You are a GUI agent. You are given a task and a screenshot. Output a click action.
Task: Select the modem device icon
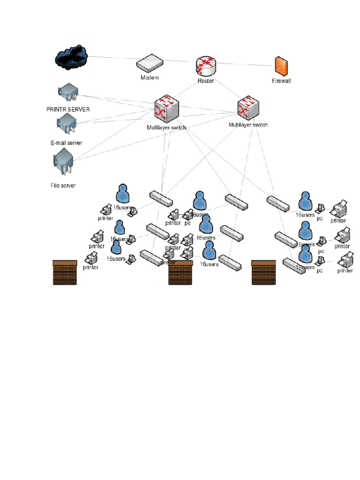pyautogui.click(x=150, y=63)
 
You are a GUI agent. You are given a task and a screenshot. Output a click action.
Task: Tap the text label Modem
pyautogui.click(x=150, y=77)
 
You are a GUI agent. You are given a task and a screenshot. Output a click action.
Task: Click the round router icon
pyautogui.click(x=206, y=66)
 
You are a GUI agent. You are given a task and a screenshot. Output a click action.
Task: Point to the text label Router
pyautogui.click(x=206, y=81)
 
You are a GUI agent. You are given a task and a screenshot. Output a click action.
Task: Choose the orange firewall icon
pyautogui.click(x=281, y=66)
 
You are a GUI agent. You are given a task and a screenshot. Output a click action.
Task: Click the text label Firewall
pyautogui.click(x=281, y=81)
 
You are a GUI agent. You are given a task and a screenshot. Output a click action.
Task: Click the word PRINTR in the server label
pyautogui.click(x=57, y=109)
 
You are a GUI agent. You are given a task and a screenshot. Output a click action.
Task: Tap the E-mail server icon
pyautogui.click(x=66, y=123)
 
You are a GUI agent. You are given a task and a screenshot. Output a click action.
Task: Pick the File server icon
pyautogui.click(x=63, y=162)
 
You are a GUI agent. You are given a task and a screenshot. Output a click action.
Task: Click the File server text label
pyautogui.click(x=63, y=185)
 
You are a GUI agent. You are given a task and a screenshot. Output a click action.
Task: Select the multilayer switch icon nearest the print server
pyautogui.click(x=167, y=110)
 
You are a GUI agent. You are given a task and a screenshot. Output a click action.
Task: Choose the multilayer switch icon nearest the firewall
pyautogui.click(x=248, y=108)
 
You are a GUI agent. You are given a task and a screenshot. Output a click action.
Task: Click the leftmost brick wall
pyautogui.click(x=65, y=272)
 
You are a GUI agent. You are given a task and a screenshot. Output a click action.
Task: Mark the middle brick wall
pyautogui.click(x=181, y=273)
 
